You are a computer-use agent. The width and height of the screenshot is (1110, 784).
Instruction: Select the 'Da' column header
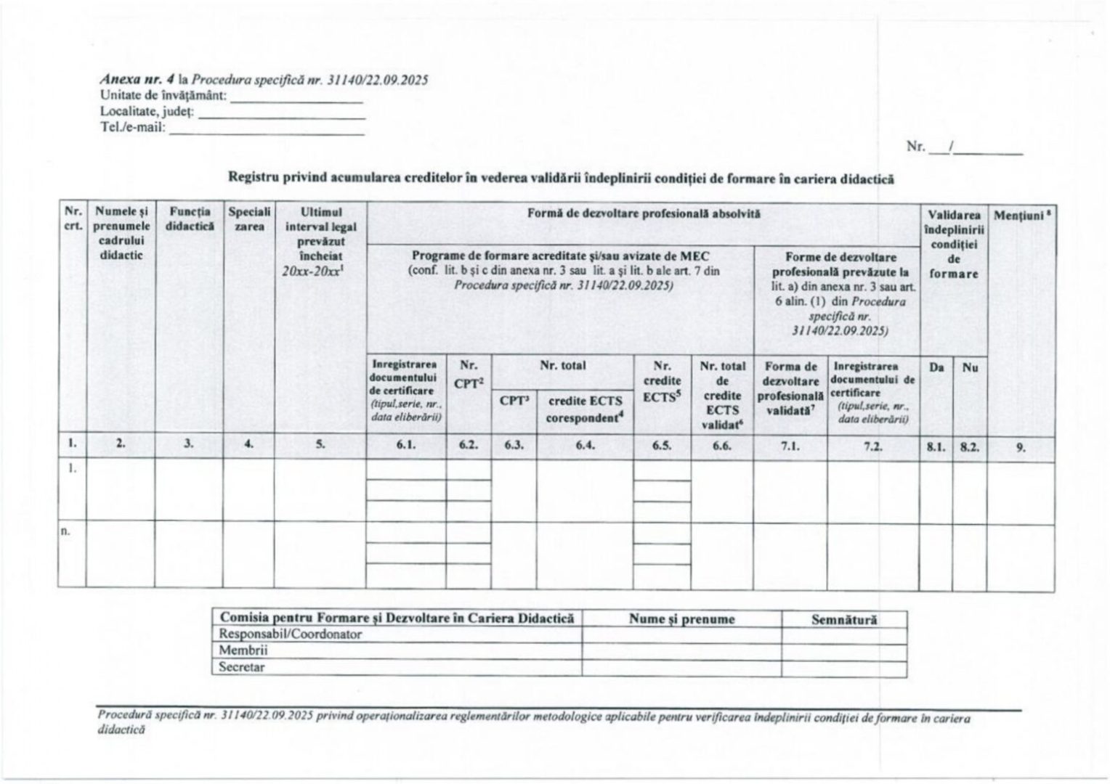(936, 367)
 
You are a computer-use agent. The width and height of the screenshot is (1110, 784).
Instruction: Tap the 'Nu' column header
(970, 367)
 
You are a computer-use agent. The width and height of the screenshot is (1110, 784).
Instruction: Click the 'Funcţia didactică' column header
(189, 219)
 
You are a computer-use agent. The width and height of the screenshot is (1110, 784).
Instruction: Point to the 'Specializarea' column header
(249, 219)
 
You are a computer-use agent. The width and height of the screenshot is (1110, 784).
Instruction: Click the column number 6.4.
(586, 446)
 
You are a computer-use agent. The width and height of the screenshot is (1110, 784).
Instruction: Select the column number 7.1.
(790, 446)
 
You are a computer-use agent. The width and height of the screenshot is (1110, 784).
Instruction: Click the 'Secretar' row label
(242, 667)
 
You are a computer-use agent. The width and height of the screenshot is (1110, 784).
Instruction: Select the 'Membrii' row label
(243, 650)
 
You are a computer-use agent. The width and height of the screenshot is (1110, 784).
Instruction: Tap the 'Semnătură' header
(844, 619)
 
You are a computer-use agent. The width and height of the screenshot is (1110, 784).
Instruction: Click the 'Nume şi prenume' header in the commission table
(681, 619)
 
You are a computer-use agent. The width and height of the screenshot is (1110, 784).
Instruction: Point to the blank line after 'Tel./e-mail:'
(267, 132)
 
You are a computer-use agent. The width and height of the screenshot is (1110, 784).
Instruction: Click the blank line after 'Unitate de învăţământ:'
(296, 100)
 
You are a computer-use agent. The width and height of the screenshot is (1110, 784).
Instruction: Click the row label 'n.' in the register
(65, 531)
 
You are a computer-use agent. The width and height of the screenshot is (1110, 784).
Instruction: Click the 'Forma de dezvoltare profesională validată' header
(790, 388)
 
